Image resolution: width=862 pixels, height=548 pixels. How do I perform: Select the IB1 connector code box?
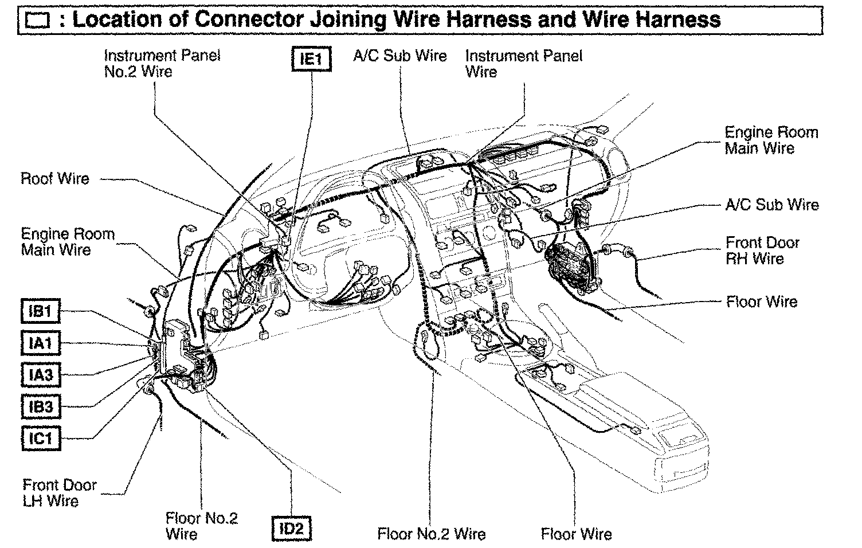point(41,311)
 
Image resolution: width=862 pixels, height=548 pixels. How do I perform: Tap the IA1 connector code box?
point(41,343)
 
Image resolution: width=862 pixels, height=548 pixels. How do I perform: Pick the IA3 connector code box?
point(41,375)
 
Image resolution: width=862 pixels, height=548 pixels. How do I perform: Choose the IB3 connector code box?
point(41,407)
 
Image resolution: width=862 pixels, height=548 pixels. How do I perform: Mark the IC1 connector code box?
point(41,439)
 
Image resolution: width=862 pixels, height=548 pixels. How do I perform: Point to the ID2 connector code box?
point(291,529)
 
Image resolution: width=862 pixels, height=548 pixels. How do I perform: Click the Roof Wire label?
point(55,179)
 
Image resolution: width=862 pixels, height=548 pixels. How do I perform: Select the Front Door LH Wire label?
point(60,493)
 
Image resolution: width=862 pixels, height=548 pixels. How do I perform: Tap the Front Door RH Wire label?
point(762,250)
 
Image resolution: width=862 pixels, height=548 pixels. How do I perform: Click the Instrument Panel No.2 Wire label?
point(162,64)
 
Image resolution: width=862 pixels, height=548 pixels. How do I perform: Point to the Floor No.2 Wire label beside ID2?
point(201,526)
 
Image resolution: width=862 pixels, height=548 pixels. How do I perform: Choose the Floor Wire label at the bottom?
point(576,534)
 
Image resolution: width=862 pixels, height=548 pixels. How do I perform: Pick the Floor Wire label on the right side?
point(761,302)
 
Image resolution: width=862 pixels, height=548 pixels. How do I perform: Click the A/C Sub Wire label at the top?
point(399,56)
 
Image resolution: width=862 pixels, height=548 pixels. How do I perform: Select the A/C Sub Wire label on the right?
point(771,205)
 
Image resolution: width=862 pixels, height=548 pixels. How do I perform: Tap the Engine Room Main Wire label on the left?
point(68,242)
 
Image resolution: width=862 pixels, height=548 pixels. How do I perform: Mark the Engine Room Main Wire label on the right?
point(771,140)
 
